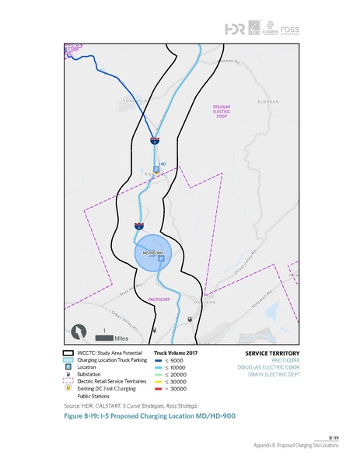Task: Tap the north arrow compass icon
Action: point(79,331)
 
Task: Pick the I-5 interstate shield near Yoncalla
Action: point(154,141)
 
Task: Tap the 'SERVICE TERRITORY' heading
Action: point(266,352)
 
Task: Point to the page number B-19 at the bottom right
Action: point(332,438)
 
